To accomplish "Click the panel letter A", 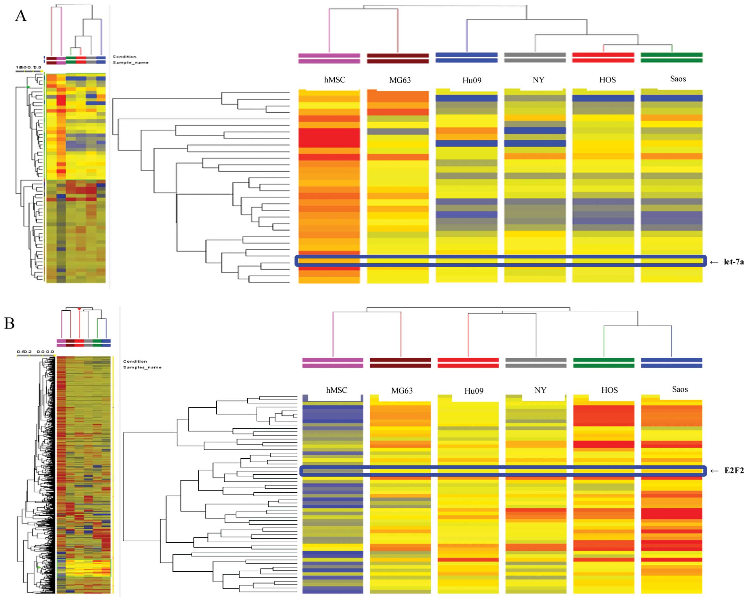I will click(21, 16).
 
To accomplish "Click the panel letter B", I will click(9, 323).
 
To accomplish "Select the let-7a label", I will click(733, 262).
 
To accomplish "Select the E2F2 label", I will click(734, 470).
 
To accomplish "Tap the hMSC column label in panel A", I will click(334, 80).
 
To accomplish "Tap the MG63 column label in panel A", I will click(400, 80).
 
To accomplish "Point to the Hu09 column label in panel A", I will click(472, 80).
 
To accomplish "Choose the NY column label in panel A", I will click(538, 80).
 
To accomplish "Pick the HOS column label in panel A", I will click(608, 80).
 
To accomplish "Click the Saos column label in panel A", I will click(678, 79).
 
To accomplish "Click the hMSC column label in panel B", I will click(336, 390).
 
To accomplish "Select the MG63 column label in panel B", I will click(402, 390).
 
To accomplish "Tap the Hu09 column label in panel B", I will click(474, 391).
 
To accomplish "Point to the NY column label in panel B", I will click(540, 390).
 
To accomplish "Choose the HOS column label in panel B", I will click(609, 390).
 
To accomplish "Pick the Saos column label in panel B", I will click(680, 389).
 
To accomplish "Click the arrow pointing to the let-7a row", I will click(714, 262).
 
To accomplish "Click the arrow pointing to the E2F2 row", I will click(714, 471).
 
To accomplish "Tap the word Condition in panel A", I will click(124, 56).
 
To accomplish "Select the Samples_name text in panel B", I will click(142, 367).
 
